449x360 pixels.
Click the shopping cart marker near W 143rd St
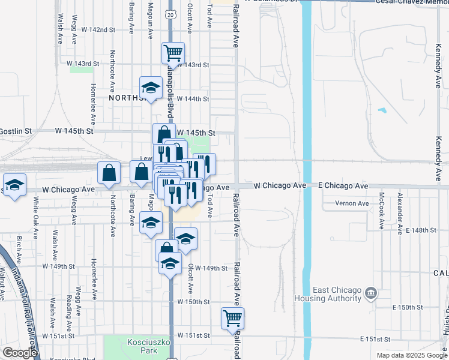(x=173, y=53)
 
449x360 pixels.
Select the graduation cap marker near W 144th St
(x=151, y=88)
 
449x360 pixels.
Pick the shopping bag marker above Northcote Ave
(x=109, y=173)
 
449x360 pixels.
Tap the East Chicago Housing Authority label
(x=327, y=293)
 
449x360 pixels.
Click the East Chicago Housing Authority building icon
(x=371, y=293)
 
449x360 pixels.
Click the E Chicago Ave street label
(x=343, y=187)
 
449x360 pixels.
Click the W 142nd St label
(x=98, y=29)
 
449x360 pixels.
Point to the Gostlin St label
(x=16, y=130)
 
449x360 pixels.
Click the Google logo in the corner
(x=20, y=353)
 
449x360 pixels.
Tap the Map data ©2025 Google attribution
(x=411, y=355)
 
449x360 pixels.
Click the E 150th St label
(x=408, y=307)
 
